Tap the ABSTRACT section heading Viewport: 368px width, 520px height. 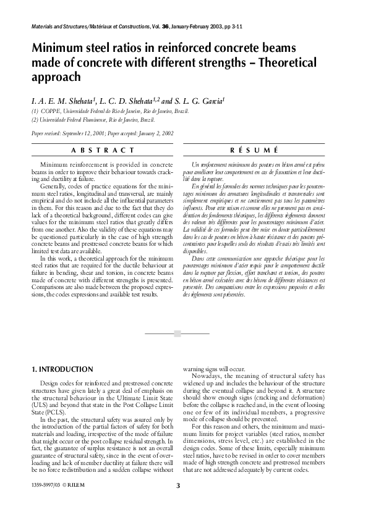103,150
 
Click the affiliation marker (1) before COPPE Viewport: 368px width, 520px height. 35,111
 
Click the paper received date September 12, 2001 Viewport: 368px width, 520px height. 83,133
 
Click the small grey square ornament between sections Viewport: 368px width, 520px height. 178,333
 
